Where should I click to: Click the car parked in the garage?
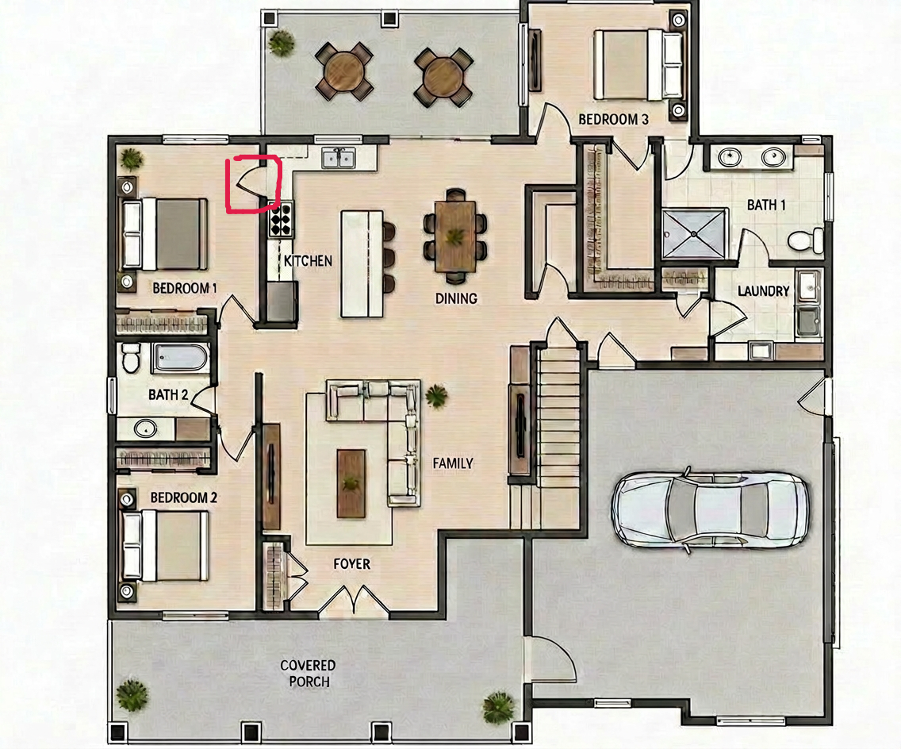tap(711, 509)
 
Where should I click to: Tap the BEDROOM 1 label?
tap(185, 288)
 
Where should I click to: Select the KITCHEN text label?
tap(308, 261)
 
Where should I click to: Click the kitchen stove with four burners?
tap(281, 219)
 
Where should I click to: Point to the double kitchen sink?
tap(339, 158)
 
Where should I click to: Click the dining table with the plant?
tap(456, 236)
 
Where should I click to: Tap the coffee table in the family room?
tap(351, 483)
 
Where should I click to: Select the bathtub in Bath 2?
tap(180, 358)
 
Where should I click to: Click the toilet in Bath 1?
tap(806, 240)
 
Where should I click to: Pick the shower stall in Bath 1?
tap(694, 234)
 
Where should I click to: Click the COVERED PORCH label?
tap(308, 673)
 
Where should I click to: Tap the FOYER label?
tap(351, 564)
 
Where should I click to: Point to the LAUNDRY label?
tap(764, 291)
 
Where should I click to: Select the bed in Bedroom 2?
tap(165, 546)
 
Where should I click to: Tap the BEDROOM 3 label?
tap(613, 120)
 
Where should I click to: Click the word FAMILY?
tap(453, 463)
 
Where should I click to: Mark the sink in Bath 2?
tap(145, 428)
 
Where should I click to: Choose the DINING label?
tap(456, 298)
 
